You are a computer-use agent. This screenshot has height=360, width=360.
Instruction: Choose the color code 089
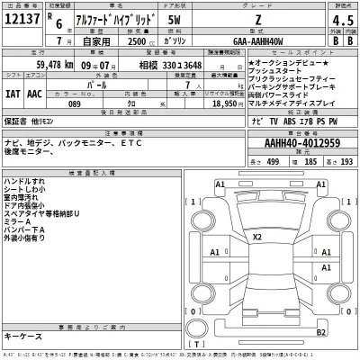click(76, 104)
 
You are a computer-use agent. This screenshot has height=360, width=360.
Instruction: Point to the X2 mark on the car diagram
click(257, 237)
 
